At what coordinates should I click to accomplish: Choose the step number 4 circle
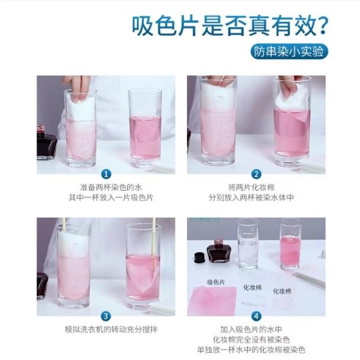(x=256, y=316)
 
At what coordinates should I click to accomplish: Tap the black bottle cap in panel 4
(x=200, y=258)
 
